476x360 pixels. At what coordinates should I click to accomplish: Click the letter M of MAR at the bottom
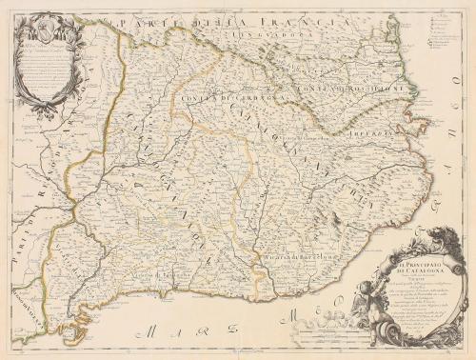[x=143, y=333]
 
